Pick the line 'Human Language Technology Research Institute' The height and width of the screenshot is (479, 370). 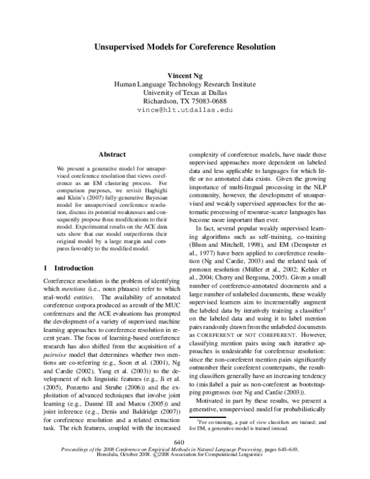pyautogui.click(x=185, y=83)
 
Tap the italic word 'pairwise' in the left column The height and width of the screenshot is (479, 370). pyautogui.click(x=56, y=356)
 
